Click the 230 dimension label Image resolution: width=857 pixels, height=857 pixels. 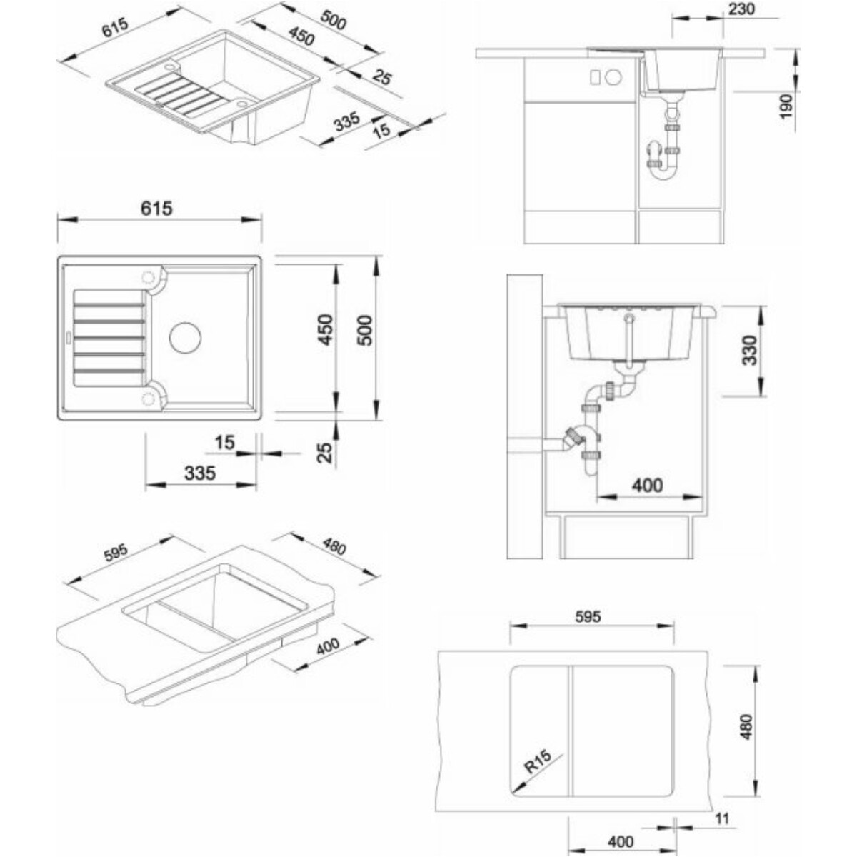pyautogui.click(x=742, y=9)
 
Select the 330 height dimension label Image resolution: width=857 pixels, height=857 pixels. pyautogui.click(x=750, y=350)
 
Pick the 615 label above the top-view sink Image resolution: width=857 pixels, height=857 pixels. pyautogui.click(x=156, y=208)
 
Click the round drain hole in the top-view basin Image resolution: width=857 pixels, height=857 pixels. pyautogui.click(x=185, y=337)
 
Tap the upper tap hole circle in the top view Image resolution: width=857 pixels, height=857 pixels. pyautogui.click(x=147, y=278)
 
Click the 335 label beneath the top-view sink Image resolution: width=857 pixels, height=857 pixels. pyautogui.click(x=200, y=473)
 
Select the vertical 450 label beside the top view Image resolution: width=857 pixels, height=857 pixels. pyautogui.click(x=326, y=329)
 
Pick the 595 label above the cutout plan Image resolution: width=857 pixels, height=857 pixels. pyautogui.click(x=588, y=616)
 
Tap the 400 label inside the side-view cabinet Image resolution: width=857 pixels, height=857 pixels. pyautogui.click(x=648, y=485)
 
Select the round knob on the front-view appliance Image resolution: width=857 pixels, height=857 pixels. pyautogui.click(x=613, y=77)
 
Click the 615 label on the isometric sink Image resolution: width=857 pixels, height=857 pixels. pyautogui.click(x=115, y=27)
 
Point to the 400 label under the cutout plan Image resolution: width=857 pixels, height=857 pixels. pyautogui.click(x=621, y=841)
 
